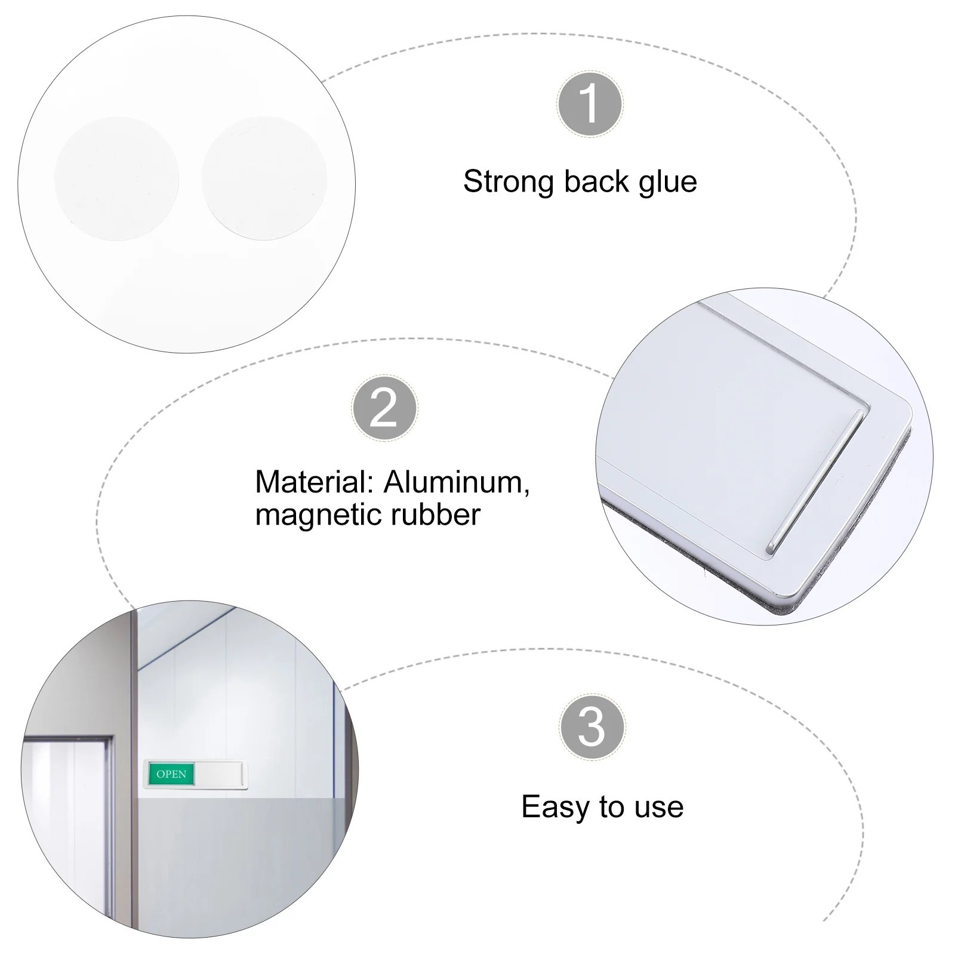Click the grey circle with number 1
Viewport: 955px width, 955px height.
click(590, 104)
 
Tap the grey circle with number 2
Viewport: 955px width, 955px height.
click(384, 408)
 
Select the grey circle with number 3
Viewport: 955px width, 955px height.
click(592, 726)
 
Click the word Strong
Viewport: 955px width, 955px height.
click(509, 182)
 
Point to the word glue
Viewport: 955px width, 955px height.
click(668, 182)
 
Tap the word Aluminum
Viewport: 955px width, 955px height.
click(456, 482)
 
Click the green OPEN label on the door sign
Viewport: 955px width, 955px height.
click(171, 774)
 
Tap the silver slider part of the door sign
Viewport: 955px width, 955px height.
click(219, 774)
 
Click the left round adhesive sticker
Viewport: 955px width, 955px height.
click(116, 178)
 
